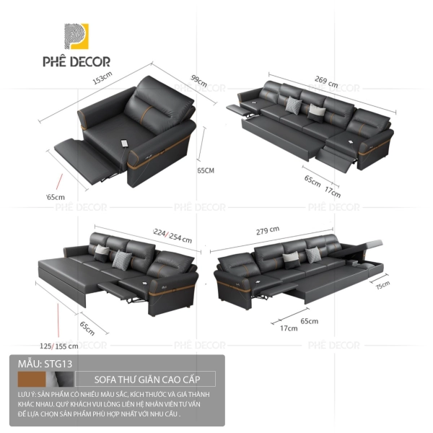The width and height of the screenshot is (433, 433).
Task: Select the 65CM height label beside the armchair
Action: coord(206,171)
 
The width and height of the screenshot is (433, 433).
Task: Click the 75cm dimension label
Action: coord(381,287)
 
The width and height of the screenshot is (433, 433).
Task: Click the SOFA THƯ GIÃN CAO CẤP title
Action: coord(156,379)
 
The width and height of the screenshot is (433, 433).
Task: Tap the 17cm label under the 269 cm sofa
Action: coord(333,191)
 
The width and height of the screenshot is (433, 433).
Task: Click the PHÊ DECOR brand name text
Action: coord(83,64)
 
